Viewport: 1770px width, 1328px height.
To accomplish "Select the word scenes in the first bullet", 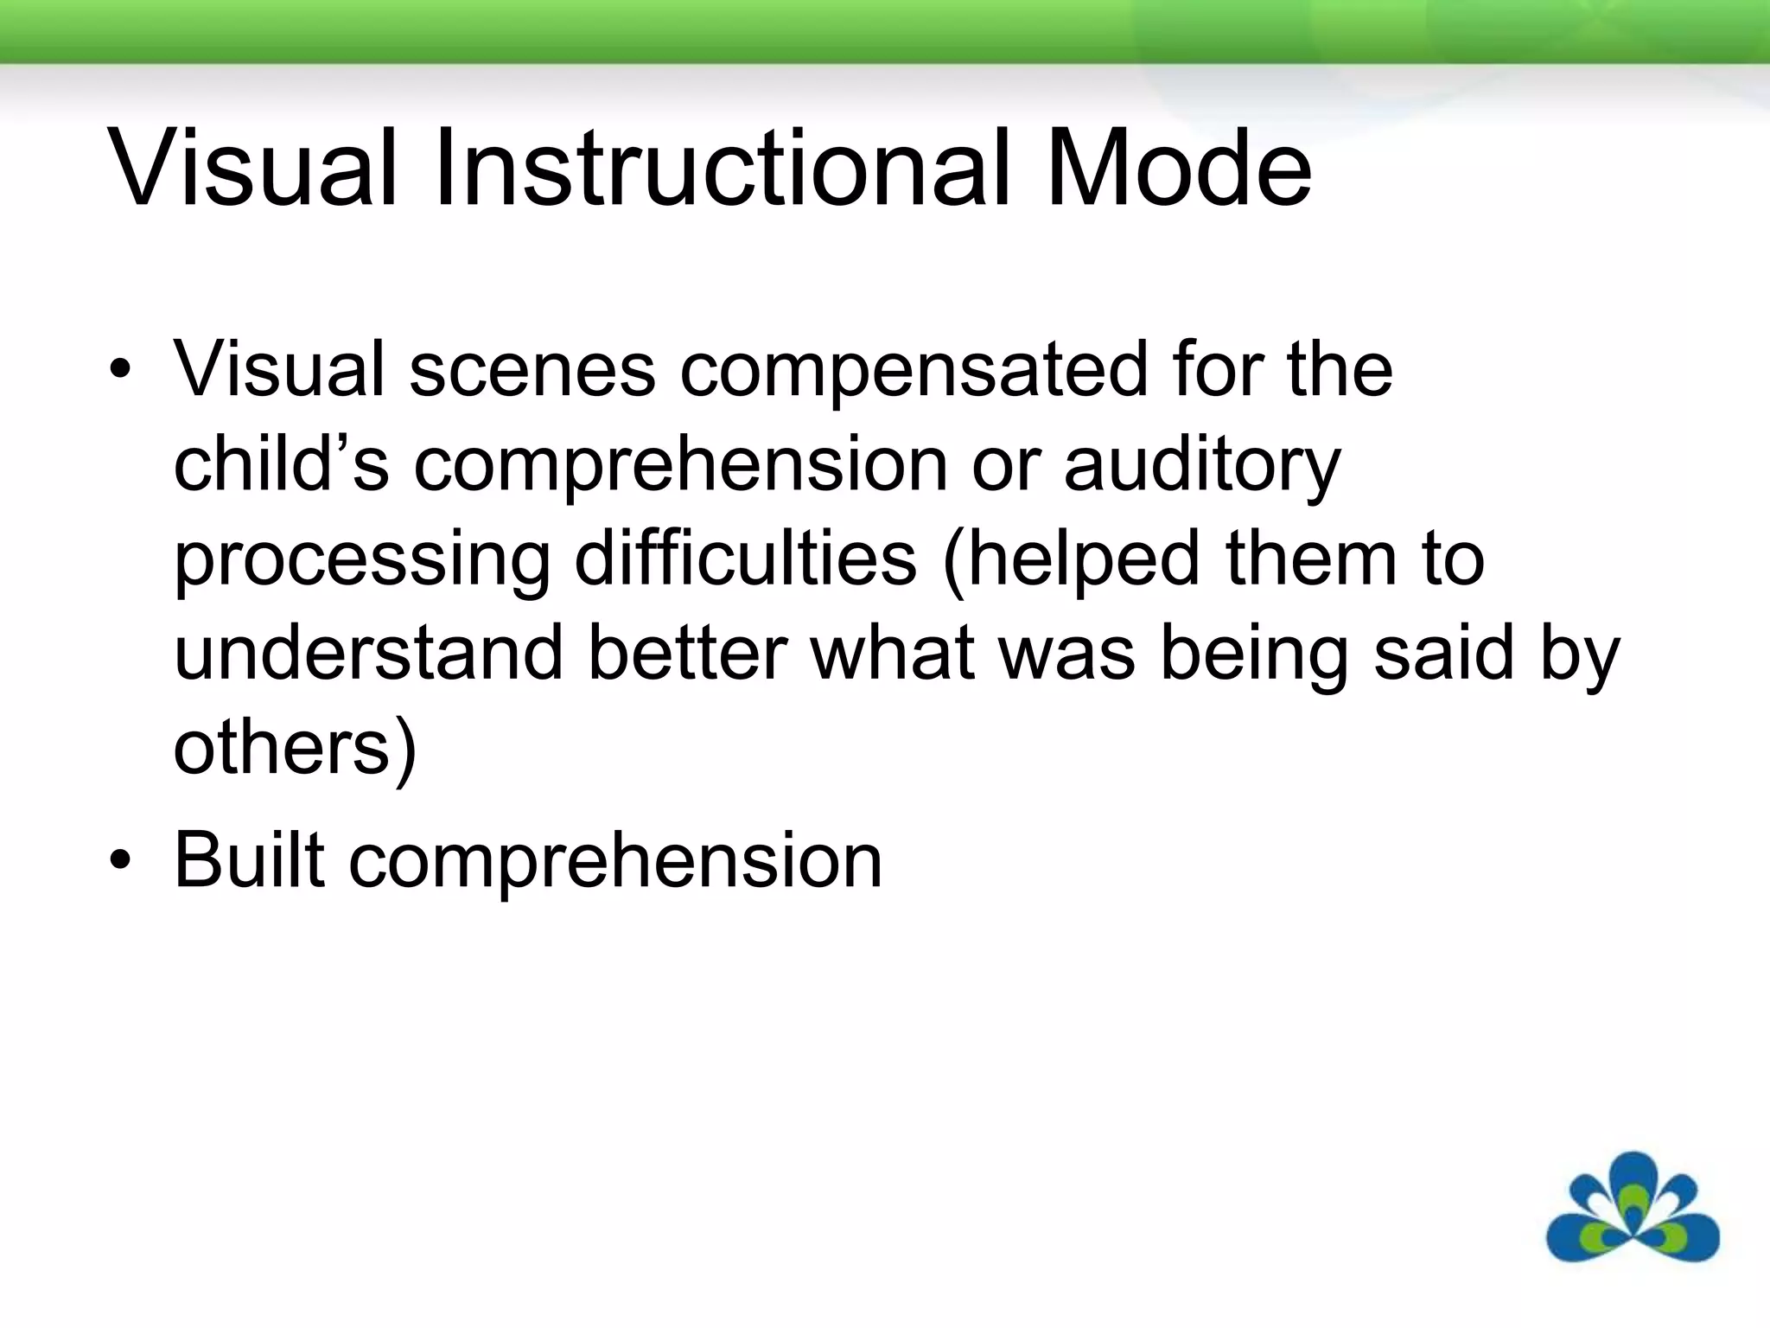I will click(532, 370).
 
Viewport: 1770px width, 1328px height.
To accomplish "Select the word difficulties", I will click(745, 559).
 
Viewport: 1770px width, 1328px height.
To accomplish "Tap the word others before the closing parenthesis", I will click(283, 748).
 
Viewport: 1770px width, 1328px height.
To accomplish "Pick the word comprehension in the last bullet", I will click(615, 863).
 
